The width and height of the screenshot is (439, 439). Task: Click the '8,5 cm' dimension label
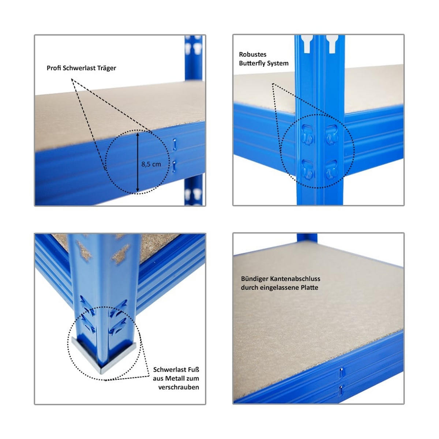pyautogui.click(x=151, y=164)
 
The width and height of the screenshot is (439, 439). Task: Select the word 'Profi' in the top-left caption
pyautogui.click(x=54, y=68)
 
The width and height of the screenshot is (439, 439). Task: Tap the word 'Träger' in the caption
pyautogui.click(x=106, y=68)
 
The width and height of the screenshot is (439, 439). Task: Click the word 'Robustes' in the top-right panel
pyautogui.click(x=253, y=55)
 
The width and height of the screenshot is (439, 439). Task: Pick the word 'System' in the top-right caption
pyautogui.click(x=278, y=63)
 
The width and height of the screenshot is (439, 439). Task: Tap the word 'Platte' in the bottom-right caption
pyautogui.click(x=309, y=288)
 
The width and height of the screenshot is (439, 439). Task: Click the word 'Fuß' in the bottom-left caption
pyautogui.click(x=194, y=369)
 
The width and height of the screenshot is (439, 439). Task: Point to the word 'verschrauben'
pyautogui.click(x=179, y=387)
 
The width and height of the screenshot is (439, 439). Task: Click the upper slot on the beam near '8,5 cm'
pyautogui.click(x=175, y=144)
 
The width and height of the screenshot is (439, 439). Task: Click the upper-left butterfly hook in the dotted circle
pyautogui.click(x=308, y=134)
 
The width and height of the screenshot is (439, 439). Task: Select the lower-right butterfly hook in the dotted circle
pyautogui.click(x=331, y=169)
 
